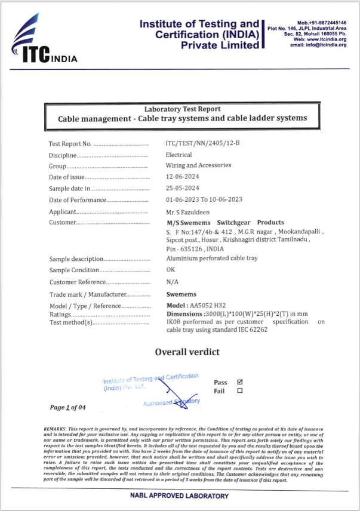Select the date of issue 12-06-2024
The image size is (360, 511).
pos(182,177)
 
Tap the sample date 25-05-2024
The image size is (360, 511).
pos(182,188)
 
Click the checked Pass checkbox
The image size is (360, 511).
pos(239,382)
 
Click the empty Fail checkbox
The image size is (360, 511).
pos(239,391)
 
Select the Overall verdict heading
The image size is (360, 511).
pos(187,352)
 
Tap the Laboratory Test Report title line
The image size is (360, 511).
pos(182,109)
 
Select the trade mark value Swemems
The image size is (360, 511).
pos(181,294)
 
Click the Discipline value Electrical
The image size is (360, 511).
pos(179,155)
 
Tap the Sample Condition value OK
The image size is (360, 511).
pos(171,270)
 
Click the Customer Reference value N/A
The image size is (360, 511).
pos(172,282)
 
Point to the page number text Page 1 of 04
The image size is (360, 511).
pos(68,408)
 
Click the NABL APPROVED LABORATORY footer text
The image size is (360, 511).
pos(179,496)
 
